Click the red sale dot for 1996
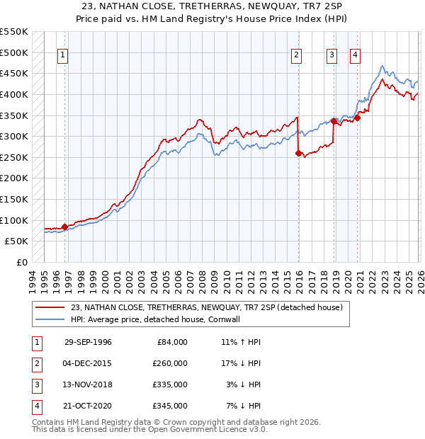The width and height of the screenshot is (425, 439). (x=65, y=227)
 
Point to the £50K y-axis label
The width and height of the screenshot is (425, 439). (x=16, y=241)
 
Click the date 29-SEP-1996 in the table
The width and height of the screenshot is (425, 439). (x=88, y=342)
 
